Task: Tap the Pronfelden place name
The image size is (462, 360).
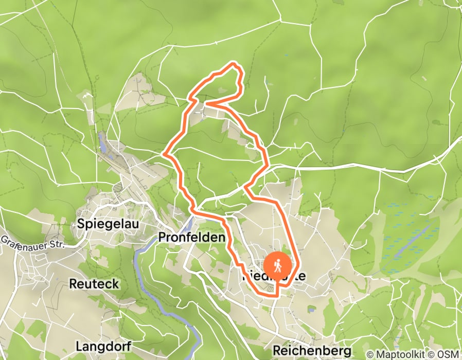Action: click(x=191, y=237)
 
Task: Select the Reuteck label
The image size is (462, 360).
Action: click(x=94, y=283)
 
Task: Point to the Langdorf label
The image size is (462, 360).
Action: click(x=103, y=346)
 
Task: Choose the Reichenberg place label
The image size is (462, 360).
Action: click(x=312, y=351)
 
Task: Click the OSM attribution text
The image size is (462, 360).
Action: click(x=447, y=354)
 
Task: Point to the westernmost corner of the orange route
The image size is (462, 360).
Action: click(x=164, y=153)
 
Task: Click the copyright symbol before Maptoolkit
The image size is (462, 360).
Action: click(x=370, y=354)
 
